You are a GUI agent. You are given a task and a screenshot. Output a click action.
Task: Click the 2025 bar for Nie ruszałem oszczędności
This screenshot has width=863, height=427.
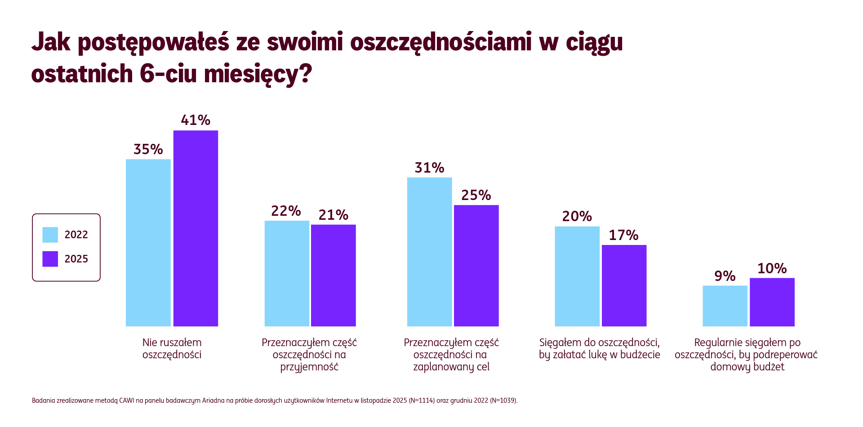pos(196,228)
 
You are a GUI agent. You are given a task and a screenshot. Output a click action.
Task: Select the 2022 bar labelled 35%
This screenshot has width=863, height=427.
pos(148,243)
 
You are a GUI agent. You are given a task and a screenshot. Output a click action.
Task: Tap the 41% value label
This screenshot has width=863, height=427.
pos(196,120)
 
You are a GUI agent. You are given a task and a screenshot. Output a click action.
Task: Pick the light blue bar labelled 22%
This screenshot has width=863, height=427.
pos(286,273)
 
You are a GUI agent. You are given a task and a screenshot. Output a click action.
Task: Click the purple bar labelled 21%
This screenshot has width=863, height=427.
pos(333,275)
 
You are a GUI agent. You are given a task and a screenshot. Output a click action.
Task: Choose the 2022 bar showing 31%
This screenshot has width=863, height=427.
pos(429,252)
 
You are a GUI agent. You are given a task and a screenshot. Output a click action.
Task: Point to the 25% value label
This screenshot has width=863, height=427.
pos(476,195)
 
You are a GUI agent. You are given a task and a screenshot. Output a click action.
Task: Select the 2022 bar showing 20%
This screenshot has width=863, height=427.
pos(577,276)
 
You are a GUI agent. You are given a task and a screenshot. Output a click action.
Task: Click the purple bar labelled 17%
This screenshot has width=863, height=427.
pos(624,285)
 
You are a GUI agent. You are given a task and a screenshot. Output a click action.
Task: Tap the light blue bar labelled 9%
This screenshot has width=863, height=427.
pos(725,306)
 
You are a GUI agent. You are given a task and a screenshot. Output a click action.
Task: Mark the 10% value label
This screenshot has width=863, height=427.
pos(772,268)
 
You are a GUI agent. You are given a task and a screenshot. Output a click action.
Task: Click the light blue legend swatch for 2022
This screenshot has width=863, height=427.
pos(50,235)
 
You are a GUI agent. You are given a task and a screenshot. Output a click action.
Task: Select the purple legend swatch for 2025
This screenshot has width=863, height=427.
pos(50,259)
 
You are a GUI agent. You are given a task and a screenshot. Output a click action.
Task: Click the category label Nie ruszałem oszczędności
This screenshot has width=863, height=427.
pos(172,348)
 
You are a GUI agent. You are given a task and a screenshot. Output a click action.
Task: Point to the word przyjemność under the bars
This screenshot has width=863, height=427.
pos(309,367)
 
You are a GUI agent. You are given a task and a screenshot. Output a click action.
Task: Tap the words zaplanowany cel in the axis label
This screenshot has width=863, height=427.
pos(451,367)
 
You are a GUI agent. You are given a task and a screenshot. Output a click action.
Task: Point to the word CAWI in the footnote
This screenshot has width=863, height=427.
pos(126,400)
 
